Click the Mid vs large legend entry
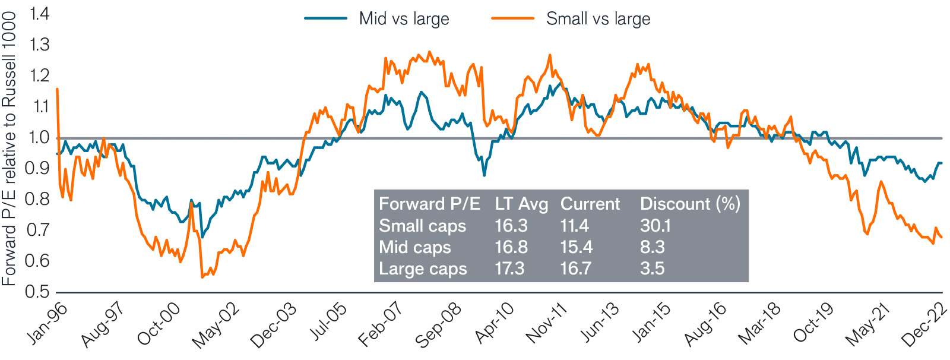404,18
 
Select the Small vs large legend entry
597,18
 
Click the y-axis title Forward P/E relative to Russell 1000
9,149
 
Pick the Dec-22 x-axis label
924,326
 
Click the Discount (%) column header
690,204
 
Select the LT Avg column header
521,204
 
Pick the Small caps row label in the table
422,226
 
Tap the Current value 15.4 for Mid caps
576,247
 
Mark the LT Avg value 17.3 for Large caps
509,269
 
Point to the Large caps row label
423,269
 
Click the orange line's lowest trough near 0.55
202,277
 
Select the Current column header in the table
590,204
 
